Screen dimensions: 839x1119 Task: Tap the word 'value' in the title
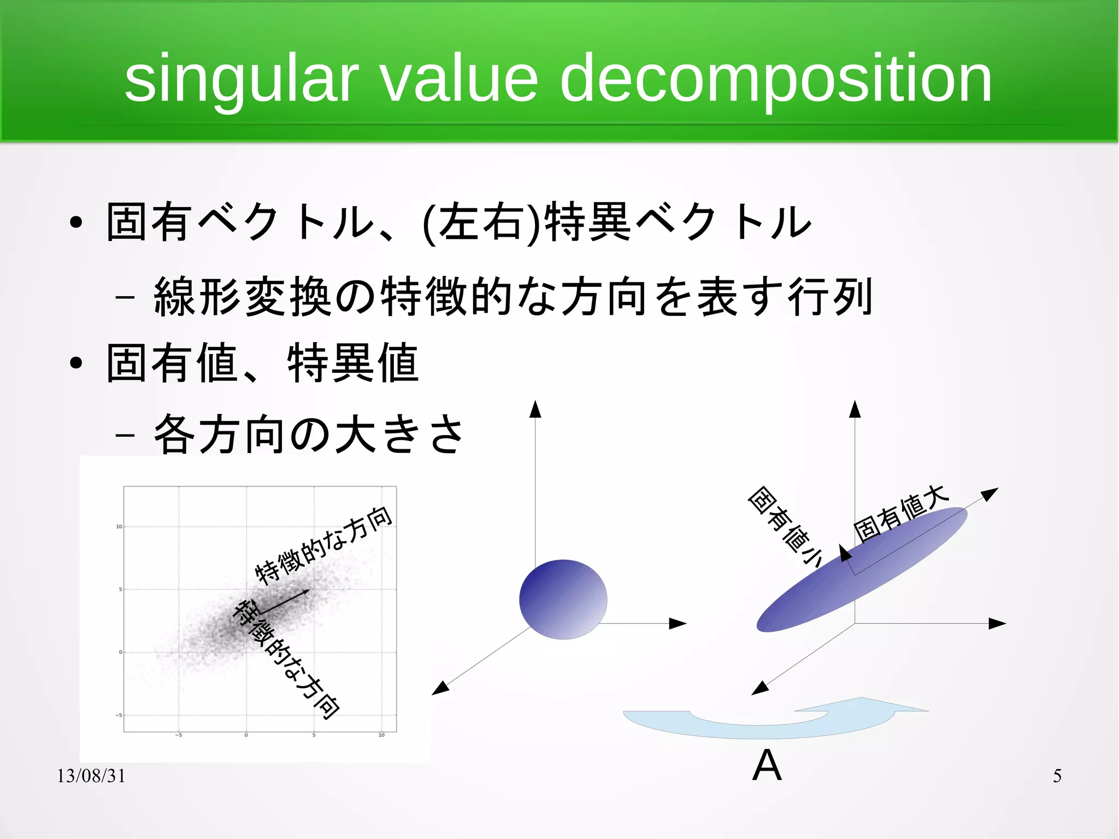point(459,79)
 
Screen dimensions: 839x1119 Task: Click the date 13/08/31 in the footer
point(91,776)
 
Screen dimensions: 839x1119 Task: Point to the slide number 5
point(1057,776)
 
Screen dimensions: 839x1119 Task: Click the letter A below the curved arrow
point(767,765)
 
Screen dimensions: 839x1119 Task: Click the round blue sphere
point(563,599)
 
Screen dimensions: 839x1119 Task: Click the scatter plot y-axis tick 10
point(119,527)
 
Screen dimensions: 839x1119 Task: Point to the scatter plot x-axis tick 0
point(246,735)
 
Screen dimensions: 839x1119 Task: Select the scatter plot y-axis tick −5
point(119,715)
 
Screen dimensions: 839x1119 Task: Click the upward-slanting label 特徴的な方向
point(324,545)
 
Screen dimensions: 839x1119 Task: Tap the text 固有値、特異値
point(262,363)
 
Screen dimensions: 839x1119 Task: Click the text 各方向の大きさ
point(309,435)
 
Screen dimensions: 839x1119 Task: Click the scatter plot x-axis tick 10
point(381,735)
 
